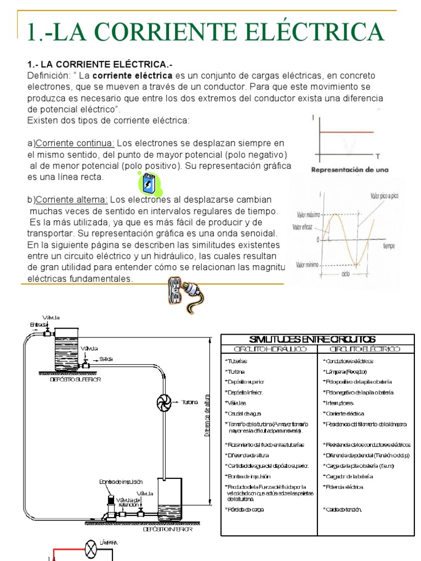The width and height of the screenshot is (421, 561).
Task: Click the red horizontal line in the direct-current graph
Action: (343, 133)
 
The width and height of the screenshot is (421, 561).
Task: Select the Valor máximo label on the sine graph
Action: (308, 215)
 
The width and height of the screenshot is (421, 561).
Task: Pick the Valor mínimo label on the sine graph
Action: (308, 265)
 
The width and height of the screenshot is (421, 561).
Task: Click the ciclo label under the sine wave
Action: (345, 273)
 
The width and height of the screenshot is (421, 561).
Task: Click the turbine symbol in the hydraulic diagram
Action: (164, 402)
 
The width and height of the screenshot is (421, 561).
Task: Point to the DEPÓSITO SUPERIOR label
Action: (76, 379)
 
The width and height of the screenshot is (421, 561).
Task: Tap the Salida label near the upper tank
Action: (106, 359)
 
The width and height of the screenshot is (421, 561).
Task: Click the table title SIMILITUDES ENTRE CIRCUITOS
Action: (312, 339)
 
